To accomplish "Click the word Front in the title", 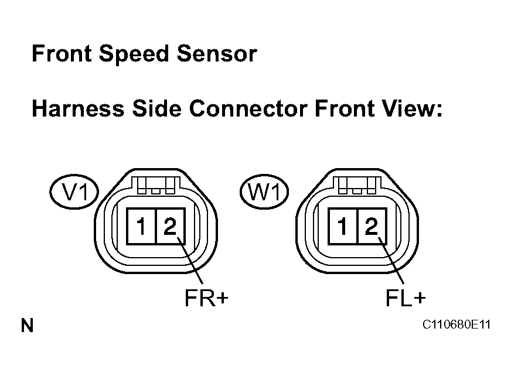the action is [62, 54].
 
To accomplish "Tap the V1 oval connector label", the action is [74, 192].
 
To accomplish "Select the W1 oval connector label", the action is [264, 192].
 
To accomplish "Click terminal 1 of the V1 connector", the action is [142, 226].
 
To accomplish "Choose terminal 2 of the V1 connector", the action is [170, 226].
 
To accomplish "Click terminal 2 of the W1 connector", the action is [372, 226].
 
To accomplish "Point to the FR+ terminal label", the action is [206, 298].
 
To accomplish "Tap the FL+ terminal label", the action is [405, 298].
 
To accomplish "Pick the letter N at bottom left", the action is [27, 326].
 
